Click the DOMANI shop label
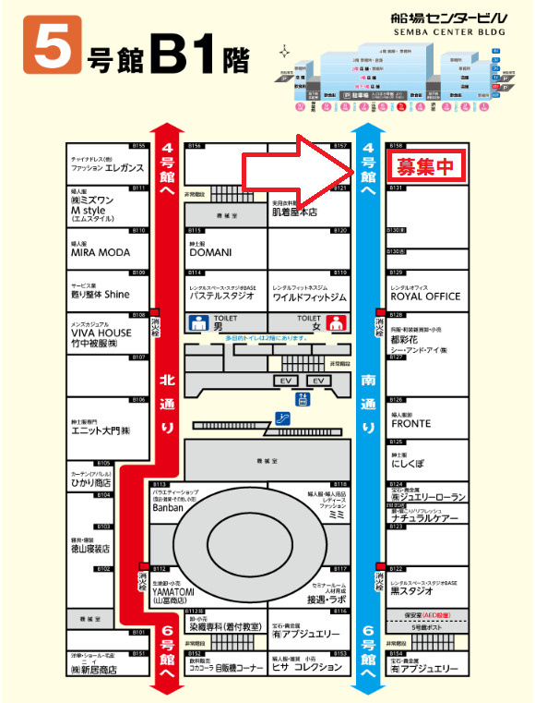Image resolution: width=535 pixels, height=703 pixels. point(211,252)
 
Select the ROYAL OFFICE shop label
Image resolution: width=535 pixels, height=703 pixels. point(425,297)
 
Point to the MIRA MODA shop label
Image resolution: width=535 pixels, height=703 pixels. point(101,252)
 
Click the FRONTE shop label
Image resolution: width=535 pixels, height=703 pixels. point(410,424)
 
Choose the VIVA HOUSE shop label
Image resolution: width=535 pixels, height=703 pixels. point(102,333)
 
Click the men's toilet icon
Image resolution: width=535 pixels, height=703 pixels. point(196,323)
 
